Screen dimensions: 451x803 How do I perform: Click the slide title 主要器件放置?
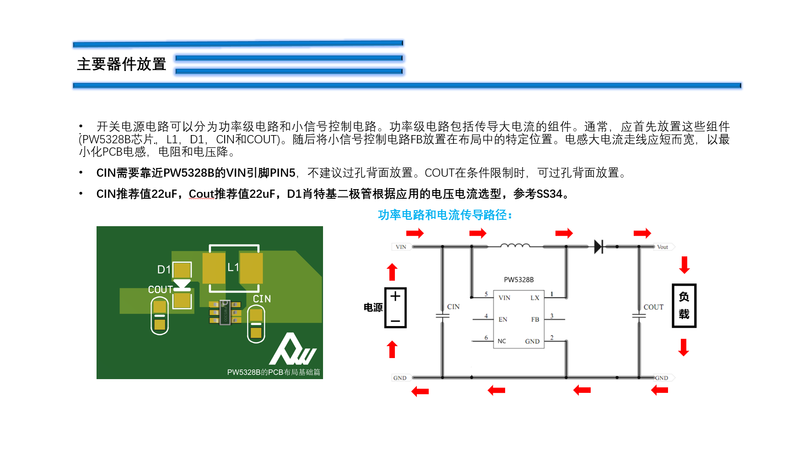pos(121,64)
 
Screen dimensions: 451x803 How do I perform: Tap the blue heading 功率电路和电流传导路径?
pos(445,215)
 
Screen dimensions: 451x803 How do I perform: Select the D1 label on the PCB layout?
pos(164,270)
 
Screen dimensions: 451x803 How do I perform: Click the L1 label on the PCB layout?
pos(233,267)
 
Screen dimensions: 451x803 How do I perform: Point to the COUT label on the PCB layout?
pos(160,289)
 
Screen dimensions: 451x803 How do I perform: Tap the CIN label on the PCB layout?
pos(262,299)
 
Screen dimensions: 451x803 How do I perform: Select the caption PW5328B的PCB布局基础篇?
pos(273,372)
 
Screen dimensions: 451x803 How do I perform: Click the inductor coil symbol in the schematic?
pos(515,246)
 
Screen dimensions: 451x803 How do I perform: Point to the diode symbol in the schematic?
pos(598,247)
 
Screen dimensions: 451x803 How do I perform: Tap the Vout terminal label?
pos(662,247)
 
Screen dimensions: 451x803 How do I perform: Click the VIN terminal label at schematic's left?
pos(401,247)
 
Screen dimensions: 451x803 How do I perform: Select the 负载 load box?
pos(684,305)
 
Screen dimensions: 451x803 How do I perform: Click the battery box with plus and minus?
pos(395,308)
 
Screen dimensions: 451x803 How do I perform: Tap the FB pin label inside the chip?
pos(535,320)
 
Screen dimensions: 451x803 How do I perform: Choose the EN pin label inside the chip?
pos(503,320)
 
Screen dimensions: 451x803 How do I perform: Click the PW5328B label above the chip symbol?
pos(518,280)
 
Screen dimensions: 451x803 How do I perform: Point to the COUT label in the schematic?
pos(653,307)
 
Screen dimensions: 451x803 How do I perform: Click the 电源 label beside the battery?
pos(373,308)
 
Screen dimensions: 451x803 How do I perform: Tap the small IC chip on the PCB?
pos(225,312)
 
